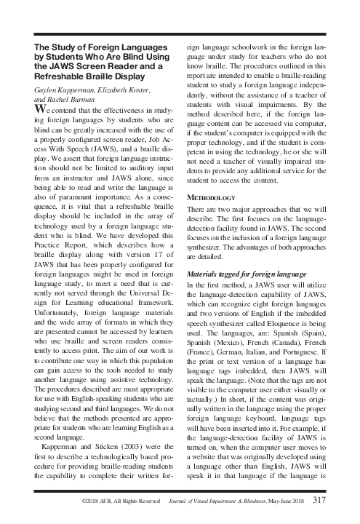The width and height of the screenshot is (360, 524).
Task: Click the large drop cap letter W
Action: click(42, 110)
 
